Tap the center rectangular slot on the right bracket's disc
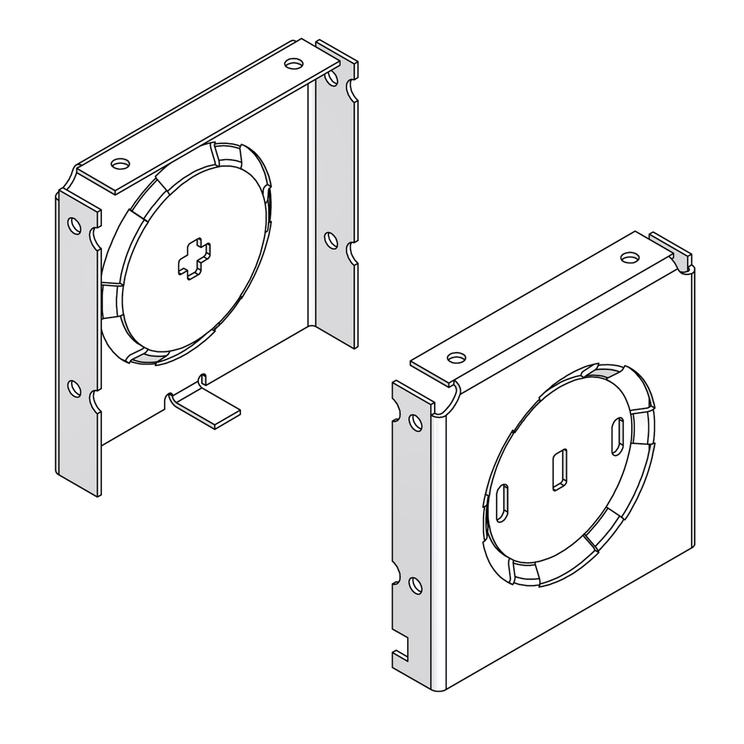click(x=560, y=470)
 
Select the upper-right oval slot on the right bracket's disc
click(x=617, y=436)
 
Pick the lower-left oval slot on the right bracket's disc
click(x=502, y=503)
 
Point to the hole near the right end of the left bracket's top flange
click(x=294, y=63)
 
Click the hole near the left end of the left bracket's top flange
click(x=121, y=164)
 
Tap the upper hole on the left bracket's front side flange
click(x=74, y=225)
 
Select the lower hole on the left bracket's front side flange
click(x=74, y=389)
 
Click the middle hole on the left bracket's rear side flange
click(x=331, y=240)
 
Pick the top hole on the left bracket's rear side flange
click(x=331, y=79)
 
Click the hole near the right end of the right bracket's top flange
click(x=630, y=258)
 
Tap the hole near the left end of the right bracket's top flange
click(x=456, y=358)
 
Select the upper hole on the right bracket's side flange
click(x=415, y=422)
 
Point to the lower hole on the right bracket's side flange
click(x=415, y=586)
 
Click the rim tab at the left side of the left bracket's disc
click(x=111, y=301)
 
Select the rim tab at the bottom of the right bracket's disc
click(x=524, y=572)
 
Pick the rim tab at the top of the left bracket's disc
click(x=227, y=154)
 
